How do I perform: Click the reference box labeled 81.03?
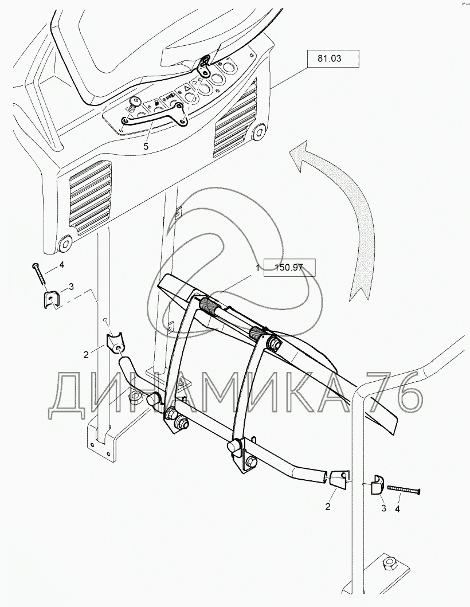tap(333, 59)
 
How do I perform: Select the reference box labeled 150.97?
tap(289, 268)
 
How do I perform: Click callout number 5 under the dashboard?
tap(146, 146)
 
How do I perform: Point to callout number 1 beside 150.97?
tap(256, 268)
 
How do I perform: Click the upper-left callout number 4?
tap(61, 265)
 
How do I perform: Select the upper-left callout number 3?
tap(71, 287)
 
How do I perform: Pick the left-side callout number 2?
tap(86, 354)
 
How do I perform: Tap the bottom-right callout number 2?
tap(328, 506)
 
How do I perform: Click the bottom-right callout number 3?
tap(383, 508)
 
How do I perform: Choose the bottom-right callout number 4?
tap(397, 508)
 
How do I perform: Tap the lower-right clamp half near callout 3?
tap(377, 484)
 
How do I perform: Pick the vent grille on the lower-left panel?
tap(89, 197)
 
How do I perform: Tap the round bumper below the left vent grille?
tap(65, 243)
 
